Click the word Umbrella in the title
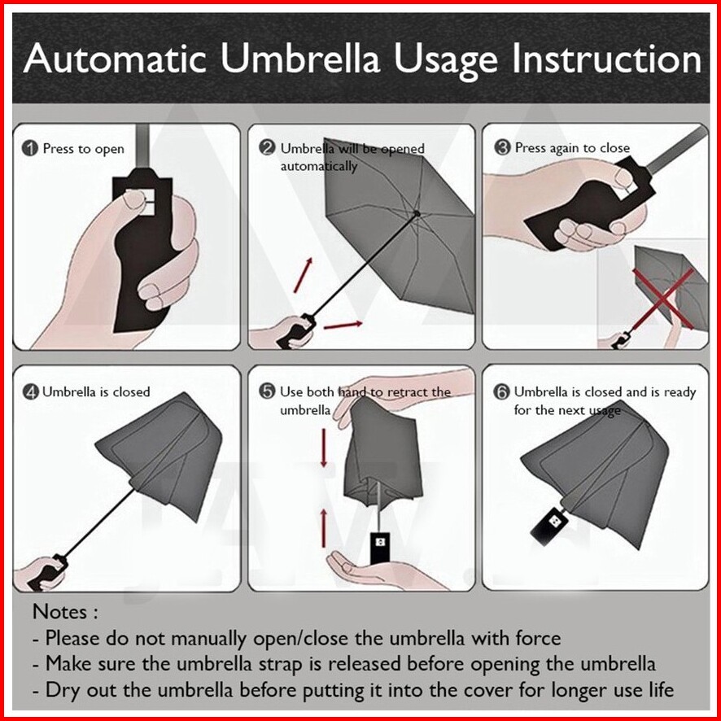(x=300, y=59)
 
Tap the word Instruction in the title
(x=607, y=59)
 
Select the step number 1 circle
(x=30, y=149)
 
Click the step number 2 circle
(x=267, y=148)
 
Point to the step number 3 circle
(x=502, y=147)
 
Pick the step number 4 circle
(x=30, y=391)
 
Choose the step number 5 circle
(x=267, y=391)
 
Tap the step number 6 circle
(x=501, y=391)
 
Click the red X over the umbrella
(x=663, y=299)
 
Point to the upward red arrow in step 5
(x=324, y=528)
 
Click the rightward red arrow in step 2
(x=343, y=325)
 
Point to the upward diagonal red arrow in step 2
(x=303, y=275)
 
